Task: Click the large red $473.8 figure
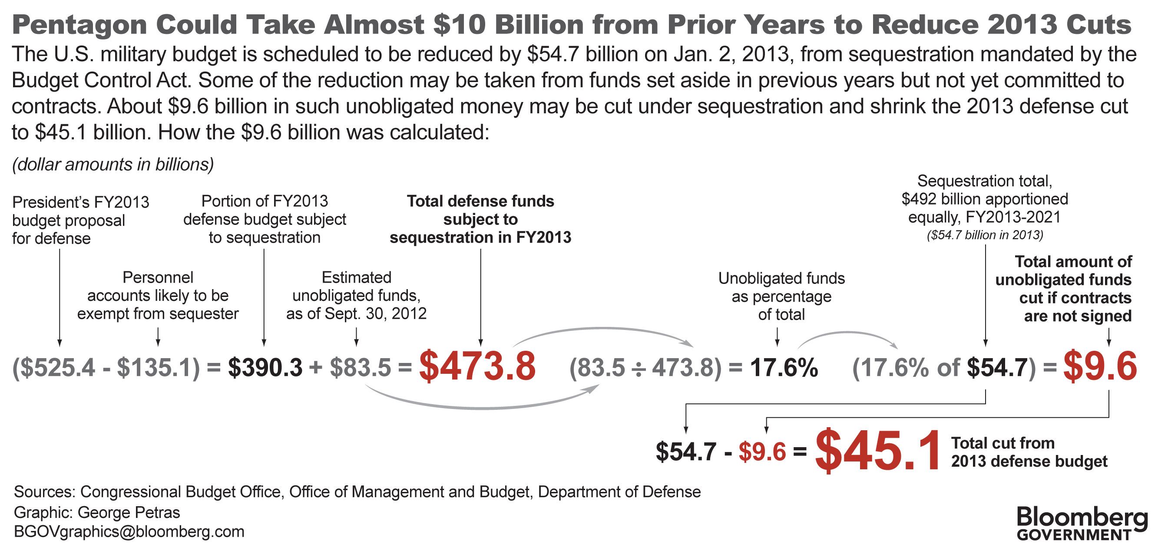pos(477,366)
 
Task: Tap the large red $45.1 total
pos(877,451)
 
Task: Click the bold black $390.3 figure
pos(265,367)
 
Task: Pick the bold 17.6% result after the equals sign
pos(784,367)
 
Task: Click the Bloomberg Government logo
pos(1082,524)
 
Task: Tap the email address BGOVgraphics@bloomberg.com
pos(129,532)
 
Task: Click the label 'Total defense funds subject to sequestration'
pos(480,219)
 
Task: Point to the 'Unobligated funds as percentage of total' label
pos(781,297)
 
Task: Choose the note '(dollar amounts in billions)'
pos(113,165)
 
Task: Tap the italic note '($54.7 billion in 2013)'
pos(985,235)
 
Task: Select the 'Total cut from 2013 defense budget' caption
pos(1029,452)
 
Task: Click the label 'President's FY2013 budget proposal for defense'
pos(80,221)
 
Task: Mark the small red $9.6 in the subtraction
pos(762,452)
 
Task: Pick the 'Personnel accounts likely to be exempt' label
pos(158,296)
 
